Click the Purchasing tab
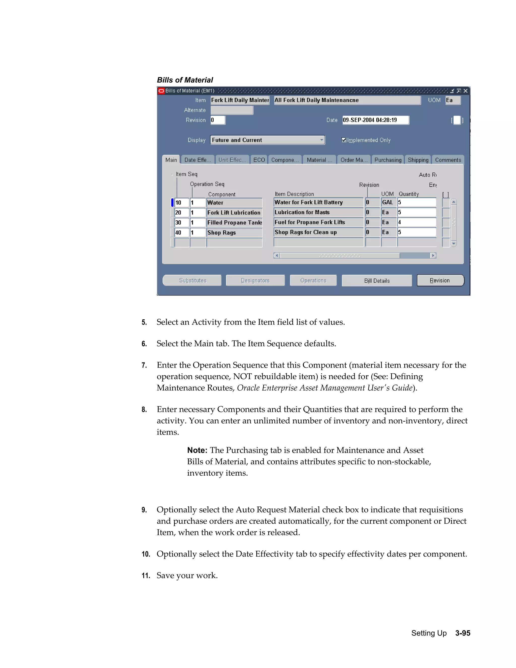pyautogui.click(x=388, y=160)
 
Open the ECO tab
pyautogui.click(x=259, y=160)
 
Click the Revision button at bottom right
pyautogui.click(x=440, y=281)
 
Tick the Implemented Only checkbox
pyautogui.click(x=344, y=140)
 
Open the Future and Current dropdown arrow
pyautogui.click(x=321, y=140)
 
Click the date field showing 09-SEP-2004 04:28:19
pyautogui.click(x=375, y=120)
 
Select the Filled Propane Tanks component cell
pyautogui.click(x=234, y=223)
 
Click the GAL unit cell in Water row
pyautogui.click(x=388, y=202)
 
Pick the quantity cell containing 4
pyautogui.click(x=416, y=222)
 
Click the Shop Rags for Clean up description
pyautogui.click(x=318, y=232)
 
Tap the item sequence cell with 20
pyautogui.click(x=181, y=212)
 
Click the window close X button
pyautogui.click(x=465, y=91)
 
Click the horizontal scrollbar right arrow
pyautogui.click(x=433, y=256)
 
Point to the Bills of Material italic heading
pyautogui.click(x=185, y=80)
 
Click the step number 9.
pyautogui.click(x=144, y=510)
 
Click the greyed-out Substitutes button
pyautogui.click(x=192, y=281)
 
